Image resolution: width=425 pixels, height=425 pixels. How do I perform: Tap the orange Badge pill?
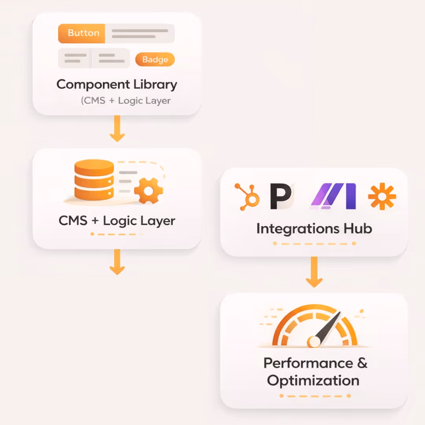tap(155, 60)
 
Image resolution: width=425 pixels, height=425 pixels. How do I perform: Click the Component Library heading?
tap(117, 84)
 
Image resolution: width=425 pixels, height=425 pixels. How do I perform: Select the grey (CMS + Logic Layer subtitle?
tap(126, 101)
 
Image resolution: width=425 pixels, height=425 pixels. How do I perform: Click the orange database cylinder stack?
tap(94, 180)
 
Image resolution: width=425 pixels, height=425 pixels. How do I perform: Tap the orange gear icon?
tap(148, 191)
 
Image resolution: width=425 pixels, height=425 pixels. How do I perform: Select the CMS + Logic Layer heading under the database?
tap(117, 221)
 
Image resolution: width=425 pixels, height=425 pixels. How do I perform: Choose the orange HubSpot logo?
tap(247, 196)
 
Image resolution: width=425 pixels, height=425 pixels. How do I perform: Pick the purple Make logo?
tap(334, 196)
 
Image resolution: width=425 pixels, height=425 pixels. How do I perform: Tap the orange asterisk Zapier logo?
tap(382, 196)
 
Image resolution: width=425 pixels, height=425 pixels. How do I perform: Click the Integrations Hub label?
tap(314, 229)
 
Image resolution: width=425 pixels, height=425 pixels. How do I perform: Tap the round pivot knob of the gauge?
tap(314, 341)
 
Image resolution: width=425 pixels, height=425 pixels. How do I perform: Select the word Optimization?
tap(313, 381)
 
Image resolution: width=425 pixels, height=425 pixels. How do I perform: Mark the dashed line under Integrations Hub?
tap(314, 244)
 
